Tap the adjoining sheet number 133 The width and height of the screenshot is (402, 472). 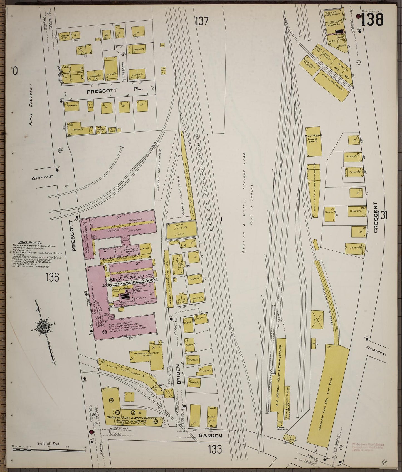click(x=216, y=449)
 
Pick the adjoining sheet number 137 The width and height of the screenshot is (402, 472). click(x=202, y=21)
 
